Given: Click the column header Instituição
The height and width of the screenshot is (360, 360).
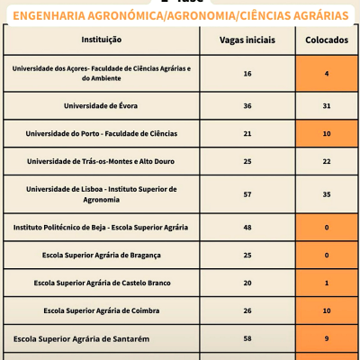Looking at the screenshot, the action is (x=101, y=40).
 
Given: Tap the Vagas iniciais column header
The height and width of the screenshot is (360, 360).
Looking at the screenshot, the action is (x=247, y=40).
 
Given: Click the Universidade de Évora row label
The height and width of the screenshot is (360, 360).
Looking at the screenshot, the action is (x=101, y=105).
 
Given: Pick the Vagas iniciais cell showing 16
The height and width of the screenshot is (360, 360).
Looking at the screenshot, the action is (x=247, y=73).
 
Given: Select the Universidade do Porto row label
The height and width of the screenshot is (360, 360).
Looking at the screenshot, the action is (x=101, y=133).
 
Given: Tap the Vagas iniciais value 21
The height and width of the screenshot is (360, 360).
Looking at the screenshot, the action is (x=247, y=133).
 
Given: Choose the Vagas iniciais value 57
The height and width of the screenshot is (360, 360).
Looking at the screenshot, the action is (x=247, y=193).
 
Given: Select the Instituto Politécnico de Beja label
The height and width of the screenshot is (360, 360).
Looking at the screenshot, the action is (x=101, y=227).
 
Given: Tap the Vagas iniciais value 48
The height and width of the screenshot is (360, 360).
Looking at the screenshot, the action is (x=247, y=227).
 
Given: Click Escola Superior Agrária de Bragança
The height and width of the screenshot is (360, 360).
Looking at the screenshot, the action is (x=101, y=256).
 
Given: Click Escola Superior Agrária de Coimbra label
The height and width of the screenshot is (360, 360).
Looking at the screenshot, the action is (x=101, y=310).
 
